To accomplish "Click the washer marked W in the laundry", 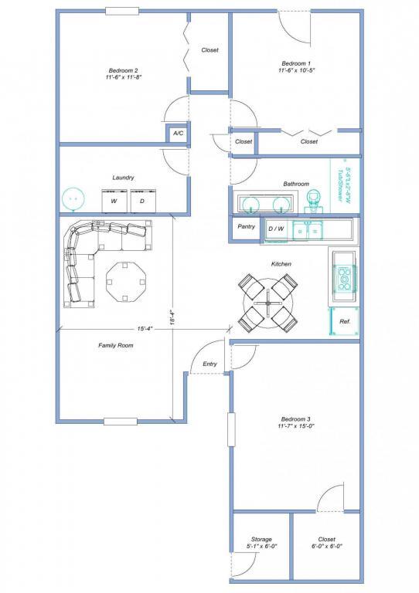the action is point(114,201).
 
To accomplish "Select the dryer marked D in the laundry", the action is point(143,201).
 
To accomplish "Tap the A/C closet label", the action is point(179,133).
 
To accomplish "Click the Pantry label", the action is point(247,226).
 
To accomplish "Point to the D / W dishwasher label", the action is point(276,229).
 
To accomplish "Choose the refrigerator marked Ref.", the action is point(345,321).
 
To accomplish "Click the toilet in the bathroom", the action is point(313,202).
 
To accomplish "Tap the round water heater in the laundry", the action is point(73,198).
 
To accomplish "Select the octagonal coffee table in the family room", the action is point(125,282).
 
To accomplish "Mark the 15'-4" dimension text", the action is point(145,329).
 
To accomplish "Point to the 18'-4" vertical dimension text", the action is point(172,317).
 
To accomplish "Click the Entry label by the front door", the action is point(209,364).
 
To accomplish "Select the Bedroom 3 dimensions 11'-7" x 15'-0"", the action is point(296,426).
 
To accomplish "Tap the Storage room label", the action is point(261,539).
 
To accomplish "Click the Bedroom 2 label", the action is point(124,70).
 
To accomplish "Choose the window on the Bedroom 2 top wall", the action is point(122,12).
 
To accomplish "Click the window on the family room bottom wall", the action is point(121,422).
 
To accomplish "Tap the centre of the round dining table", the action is point(268,303).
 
